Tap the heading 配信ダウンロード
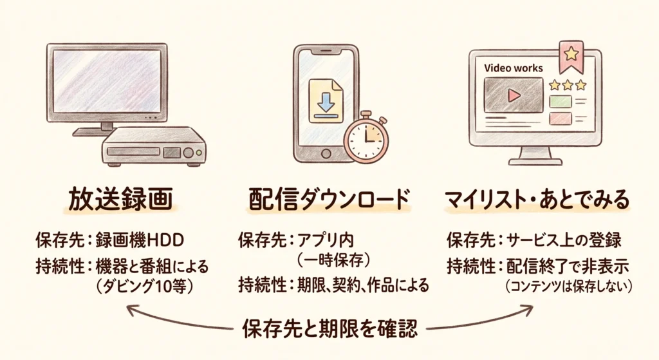329,200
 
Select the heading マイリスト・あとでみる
537,200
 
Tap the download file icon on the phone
325,101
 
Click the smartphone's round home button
326,153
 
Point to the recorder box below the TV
154,146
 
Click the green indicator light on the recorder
200,153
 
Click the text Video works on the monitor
513,68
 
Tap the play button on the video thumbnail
514,95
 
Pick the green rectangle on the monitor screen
561,102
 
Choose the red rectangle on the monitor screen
561,118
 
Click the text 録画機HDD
140,241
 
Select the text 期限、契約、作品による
363,285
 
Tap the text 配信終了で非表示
568,266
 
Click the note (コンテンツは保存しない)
569,287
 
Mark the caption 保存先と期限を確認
330,328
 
